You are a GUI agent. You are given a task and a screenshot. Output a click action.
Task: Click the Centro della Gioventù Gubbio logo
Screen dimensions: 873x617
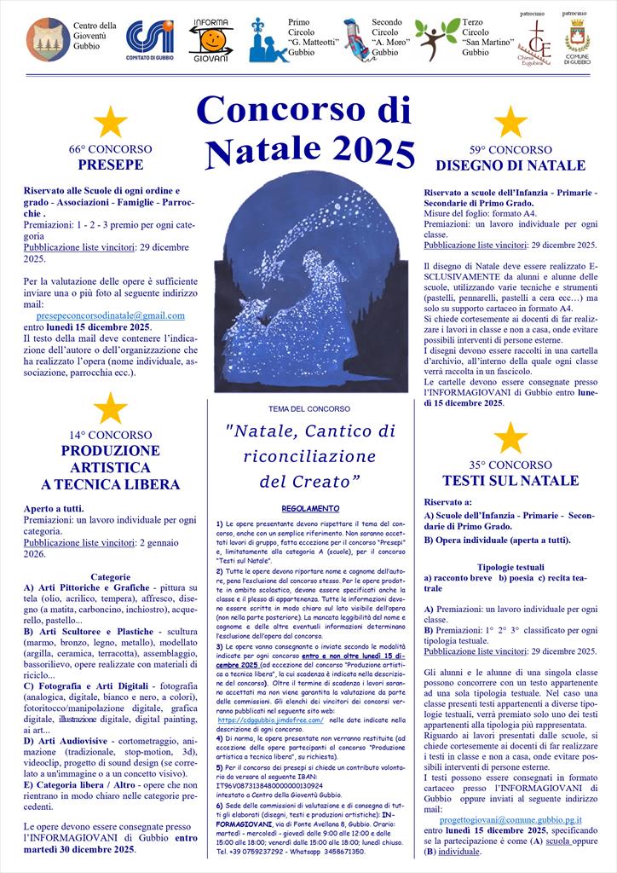point(48,39)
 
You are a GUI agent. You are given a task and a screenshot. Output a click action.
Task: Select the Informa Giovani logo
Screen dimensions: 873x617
point(208,39)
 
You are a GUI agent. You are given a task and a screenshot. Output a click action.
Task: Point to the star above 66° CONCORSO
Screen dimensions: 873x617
point(110,122)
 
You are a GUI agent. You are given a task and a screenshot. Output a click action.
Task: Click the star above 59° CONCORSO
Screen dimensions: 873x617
point(510,122)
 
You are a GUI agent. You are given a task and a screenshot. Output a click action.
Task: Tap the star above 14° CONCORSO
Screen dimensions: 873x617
point(110,408)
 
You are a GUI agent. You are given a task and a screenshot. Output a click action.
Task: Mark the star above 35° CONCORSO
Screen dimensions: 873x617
point(510,437)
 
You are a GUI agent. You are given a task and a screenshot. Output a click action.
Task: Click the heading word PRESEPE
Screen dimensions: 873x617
point(110,165)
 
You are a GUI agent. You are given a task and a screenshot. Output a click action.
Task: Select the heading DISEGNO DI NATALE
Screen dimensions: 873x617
point(510,165)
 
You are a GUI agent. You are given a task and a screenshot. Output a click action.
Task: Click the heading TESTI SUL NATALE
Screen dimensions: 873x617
point(510,481)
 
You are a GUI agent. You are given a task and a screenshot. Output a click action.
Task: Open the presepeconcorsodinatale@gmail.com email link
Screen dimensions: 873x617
point(111,315)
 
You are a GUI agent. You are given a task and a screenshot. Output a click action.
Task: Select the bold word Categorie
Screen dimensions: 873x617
point(110,576)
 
